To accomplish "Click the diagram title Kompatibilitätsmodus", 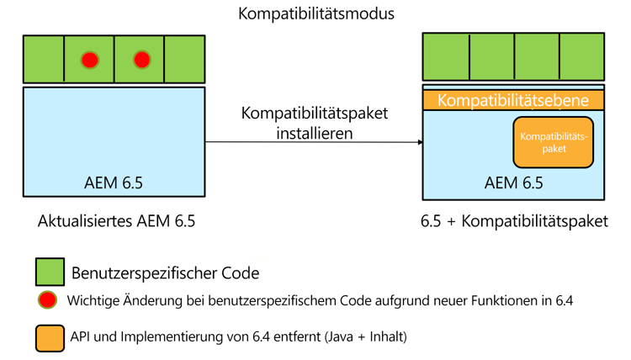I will click(315, 14).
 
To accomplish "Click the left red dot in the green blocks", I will click(89, 60).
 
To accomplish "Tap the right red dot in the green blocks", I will click(141, 60).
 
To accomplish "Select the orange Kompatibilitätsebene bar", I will click(513, 100).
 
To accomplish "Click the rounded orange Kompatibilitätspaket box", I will click(554, 142).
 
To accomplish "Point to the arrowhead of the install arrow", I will click(420, 142).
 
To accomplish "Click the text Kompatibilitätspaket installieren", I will click(315, 123).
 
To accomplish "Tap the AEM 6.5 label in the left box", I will click(114, 183).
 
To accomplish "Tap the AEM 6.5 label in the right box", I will click(514, 183).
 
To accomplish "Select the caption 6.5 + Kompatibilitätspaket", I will click(514, 222).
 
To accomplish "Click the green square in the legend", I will click(50, 272).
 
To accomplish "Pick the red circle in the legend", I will click(48, 299).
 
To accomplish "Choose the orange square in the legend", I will click(50, 337).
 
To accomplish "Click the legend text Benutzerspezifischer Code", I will click(166, 273).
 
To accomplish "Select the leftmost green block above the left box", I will click(44, 59).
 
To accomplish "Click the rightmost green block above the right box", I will click(581, 56).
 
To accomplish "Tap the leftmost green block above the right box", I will click(446, 56).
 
